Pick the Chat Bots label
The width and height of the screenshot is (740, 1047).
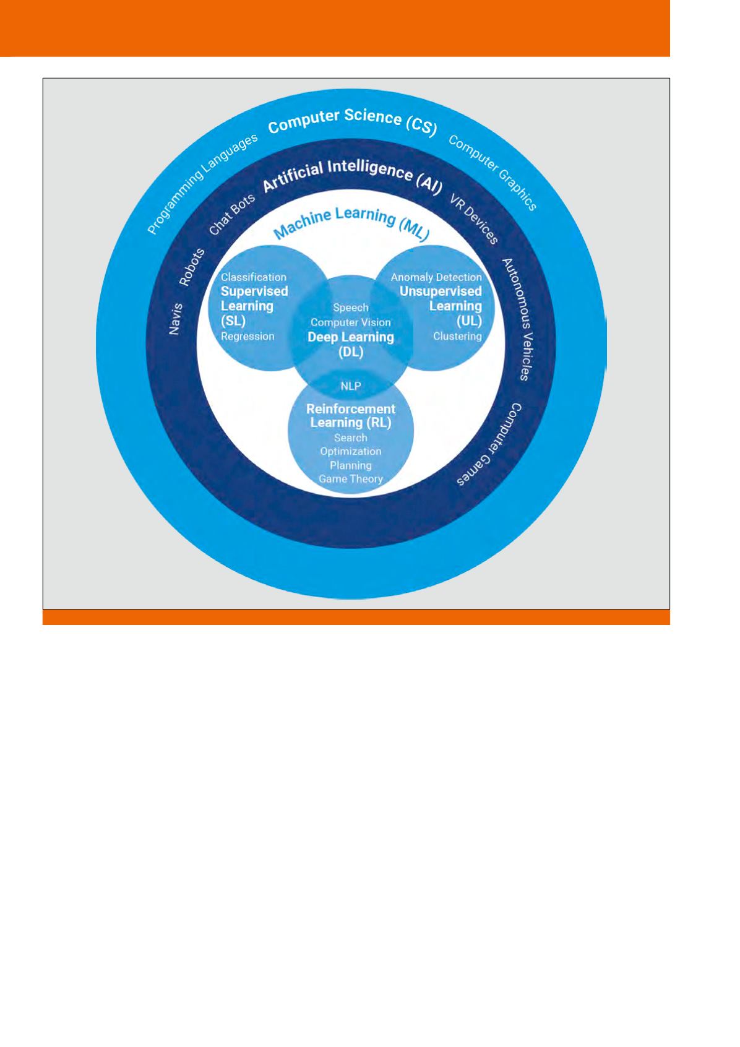click(x=232, y=214)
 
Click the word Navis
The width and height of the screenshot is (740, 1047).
click(x=175, y=319)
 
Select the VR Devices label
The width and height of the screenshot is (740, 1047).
click(x=474, y=220)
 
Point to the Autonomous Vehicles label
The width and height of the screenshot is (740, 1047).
click(x=515, y=319)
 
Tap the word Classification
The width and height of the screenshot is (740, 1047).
click(x=254, y=277)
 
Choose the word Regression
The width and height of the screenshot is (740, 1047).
click(x=247, y=337)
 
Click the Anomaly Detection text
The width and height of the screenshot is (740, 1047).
click(x=436, y=277)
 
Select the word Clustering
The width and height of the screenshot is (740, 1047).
click(x=457, y=337)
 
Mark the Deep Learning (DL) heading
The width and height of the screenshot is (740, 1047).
click(x=351, y=345)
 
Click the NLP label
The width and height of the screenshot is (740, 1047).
click(x=351, y=386)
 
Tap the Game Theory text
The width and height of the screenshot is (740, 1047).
click(x=351, y=479)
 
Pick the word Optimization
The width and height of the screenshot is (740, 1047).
click(x=351, y=451)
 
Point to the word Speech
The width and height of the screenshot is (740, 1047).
click(x=351, y=308)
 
